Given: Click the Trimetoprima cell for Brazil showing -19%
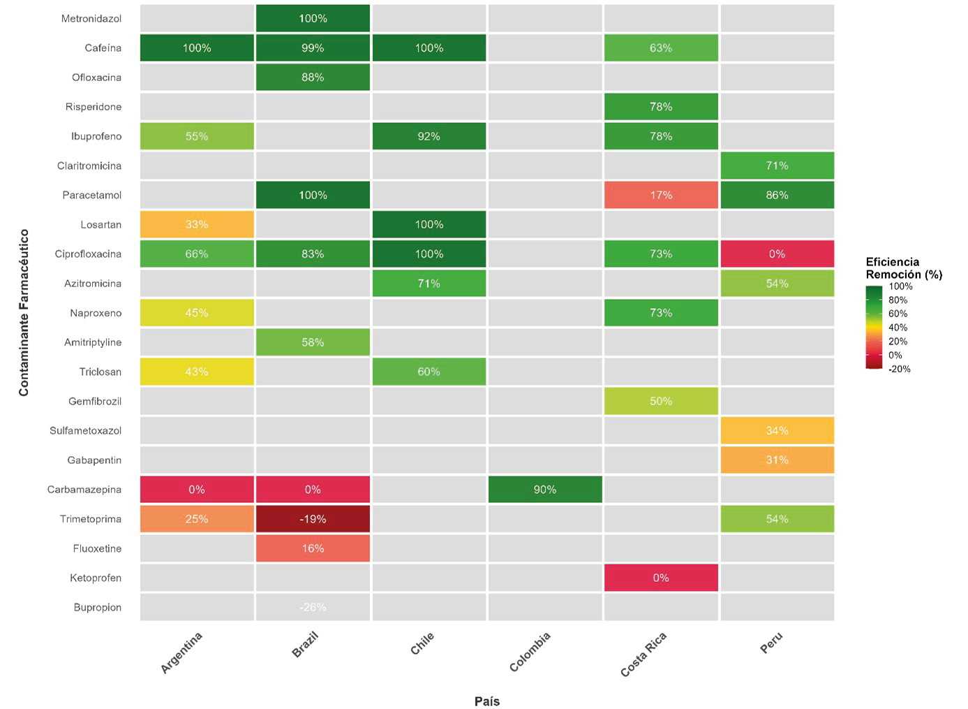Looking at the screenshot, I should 313,519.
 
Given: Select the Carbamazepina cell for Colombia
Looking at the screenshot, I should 545,490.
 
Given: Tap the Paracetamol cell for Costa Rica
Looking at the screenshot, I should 661,195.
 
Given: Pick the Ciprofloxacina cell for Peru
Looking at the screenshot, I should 777,254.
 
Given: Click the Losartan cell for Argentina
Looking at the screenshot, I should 197,225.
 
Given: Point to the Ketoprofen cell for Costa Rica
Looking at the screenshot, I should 661,578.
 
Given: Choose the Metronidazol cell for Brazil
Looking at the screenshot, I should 313,19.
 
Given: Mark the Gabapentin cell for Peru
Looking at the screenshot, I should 777,460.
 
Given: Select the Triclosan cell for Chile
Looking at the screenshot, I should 429,372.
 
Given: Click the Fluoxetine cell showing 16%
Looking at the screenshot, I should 313,548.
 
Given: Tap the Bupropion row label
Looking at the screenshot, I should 98,608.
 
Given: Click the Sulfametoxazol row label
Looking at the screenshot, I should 85,431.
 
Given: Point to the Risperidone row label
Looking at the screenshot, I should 94,107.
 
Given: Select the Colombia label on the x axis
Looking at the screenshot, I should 530,652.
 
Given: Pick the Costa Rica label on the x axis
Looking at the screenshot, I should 643,655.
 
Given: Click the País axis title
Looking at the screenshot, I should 487,701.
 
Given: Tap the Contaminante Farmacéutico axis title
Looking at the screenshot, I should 24,312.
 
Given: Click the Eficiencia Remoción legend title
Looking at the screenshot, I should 904,268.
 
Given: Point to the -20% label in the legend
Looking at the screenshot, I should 900,369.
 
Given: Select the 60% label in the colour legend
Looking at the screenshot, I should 898,314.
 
